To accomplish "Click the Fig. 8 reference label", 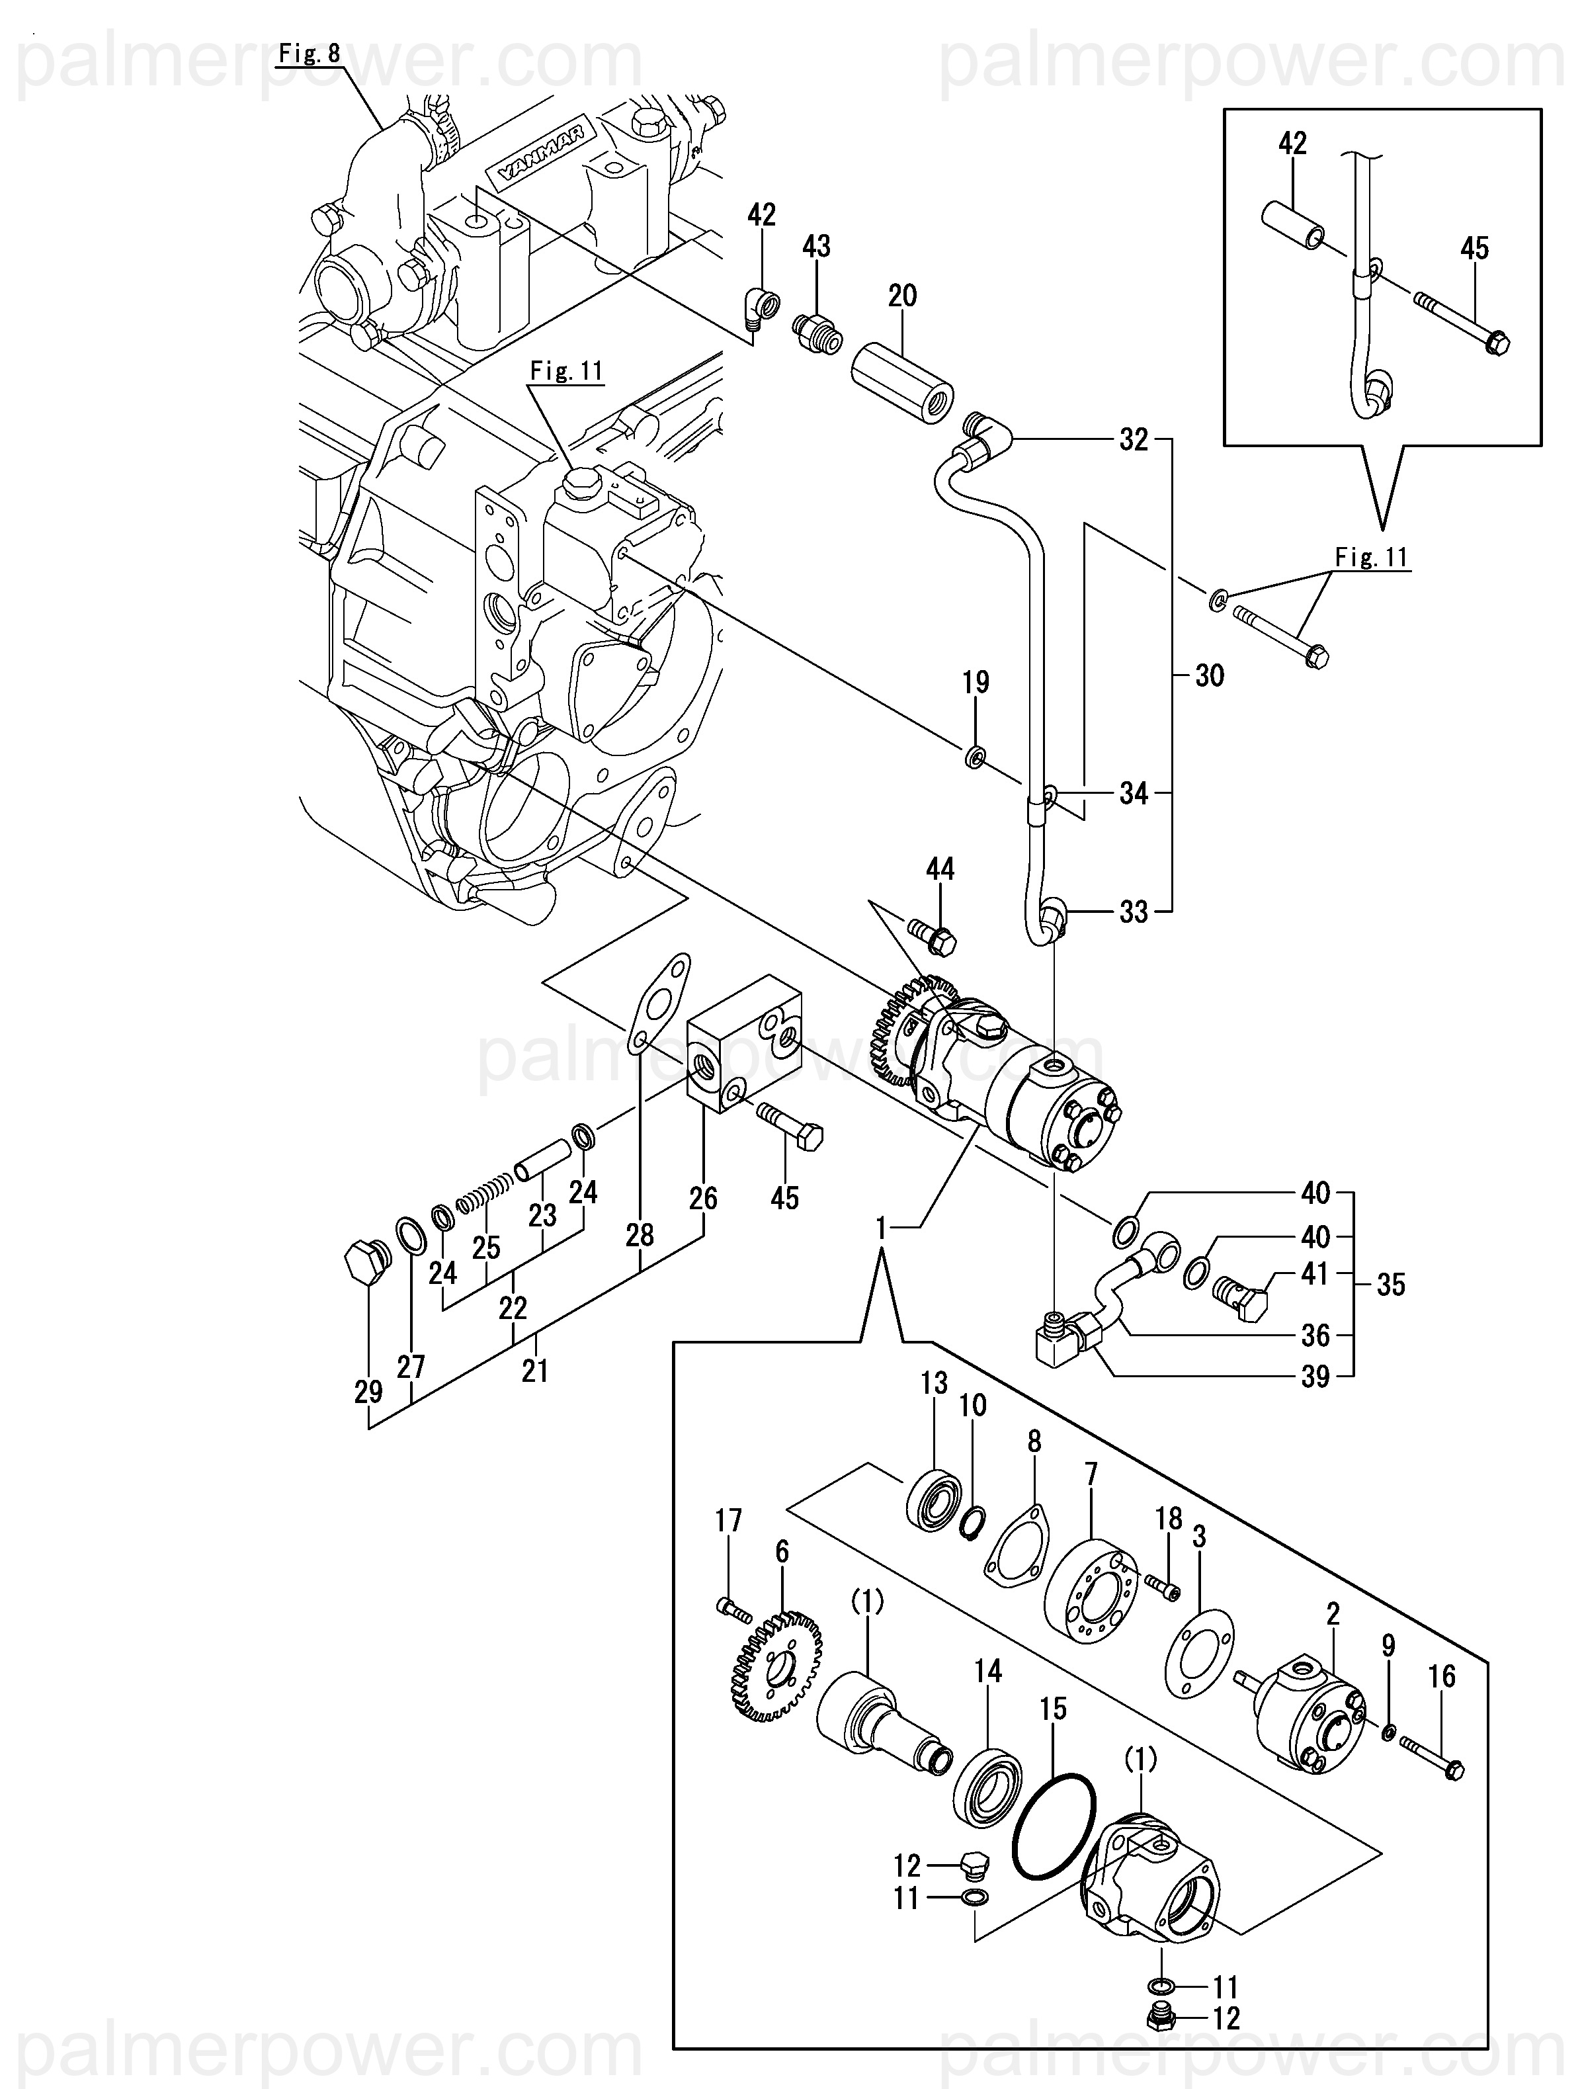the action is tap(310, 54).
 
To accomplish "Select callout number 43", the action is tap(816, 247).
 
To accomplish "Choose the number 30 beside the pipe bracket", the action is tap(1209, 675).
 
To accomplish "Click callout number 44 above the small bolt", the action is tap(940, 868).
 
